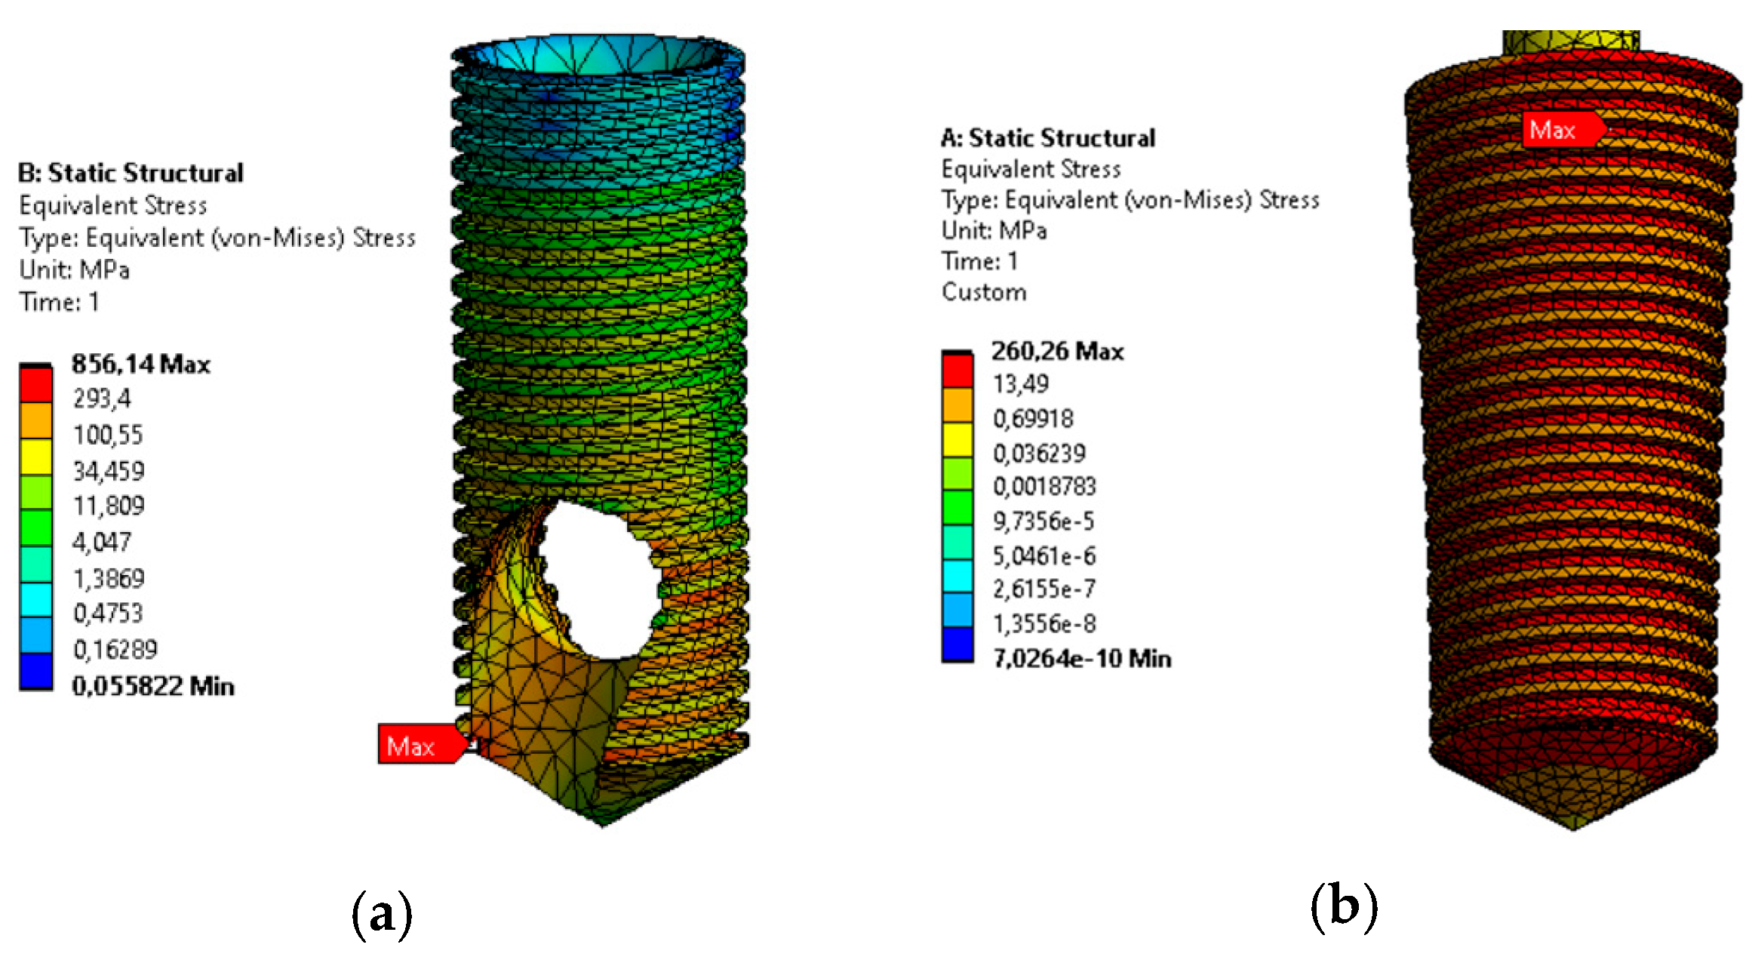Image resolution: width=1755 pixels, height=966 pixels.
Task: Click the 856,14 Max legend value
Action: [x=140, y=365]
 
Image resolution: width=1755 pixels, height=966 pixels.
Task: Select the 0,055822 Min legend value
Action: [x=152, y=686]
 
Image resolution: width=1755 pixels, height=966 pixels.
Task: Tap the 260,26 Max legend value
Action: [x=1057, y=351]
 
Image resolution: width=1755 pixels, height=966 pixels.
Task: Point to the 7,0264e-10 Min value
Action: [x=1081, y=658]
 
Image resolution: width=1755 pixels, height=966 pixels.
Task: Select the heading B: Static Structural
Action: [x=131, y=173]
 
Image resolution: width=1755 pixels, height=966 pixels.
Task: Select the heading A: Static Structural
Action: [x=1047, y=138]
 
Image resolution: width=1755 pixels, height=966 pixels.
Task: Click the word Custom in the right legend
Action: [x=984, y=292]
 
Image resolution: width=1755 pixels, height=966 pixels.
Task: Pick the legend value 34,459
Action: [x=108, y=471]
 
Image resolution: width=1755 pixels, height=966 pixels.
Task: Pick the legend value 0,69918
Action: [x=1032, y=418]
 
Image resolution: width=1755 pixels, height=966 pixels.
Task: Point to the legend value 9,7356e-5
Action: [x=1043, y=521]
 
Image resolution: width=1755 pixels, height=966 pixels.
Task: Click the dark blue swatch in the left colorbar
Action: [x=35, y=670]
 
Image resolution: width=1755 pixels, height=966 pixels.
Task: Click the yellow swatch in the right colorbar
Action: [x=957, y=439]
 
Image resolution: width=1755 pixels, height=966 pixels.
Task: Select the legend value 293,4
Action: [x=102, y=398]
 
